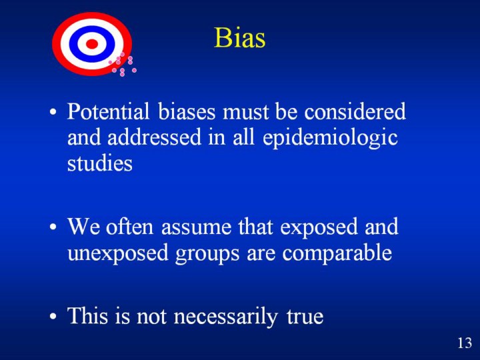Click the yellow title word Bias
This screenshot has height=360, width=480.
pyautogui.click(x=240, y=38)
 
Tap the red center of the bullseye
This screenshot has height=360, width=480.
pyautogui.click(x=92, y=44)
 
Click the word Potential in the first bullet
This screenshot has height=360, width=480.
pyautogui.click(x=109, y=111)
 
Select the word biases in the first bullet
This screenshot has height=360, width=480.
pyautogui.click(x=187, y=111)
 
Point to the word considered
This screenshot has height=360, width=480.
pyautogui.click(x=355, y=111)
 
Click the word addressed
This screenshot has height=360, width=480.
pyautogui.click(x=154, y=137)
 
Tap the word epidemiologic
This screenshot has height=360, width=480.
pyautogui.click(x=330, y=139)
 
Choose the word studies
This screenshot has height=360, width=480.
pyautogui.click(x=100, y=163)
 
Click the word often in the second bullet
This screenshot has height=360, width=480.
pyautogui.click(x=129, y=227)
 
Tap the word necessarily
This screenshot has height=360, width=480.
pyautogui.click(x=226, y=317)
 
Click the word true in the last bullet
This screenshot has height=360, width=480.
pyautogui.click(x=305, y=316)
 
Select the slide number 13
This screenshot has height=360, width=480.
pyautogui.click(x=465, y=343)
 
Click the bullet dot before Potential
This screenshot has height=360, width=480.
pyautogui.click(x=53, y=112)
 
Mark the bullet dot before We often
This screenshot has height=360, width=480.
pyautogui.click(x=53, y=227)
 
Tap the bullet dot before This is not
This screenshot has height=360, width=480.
pyautogui.click(x=53, y=316)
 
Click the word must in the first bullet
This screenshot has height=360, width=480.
pyautogui.click(x=246, y=112)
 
